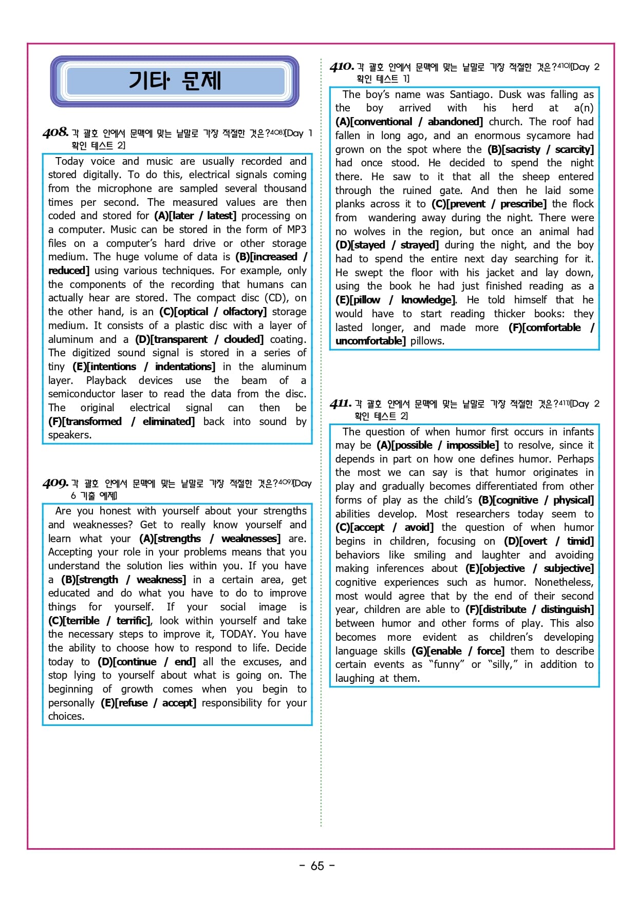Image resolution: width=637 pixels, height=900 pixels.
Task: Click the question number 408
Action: (55, 132)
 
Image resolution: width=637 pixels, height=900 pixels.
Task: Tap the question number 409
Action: (55, 483)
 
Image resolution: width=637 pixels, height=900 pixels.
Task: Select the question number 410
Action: (342, 67)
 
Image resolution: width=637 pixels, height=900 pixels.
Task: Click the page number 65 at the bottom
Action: (317, 866)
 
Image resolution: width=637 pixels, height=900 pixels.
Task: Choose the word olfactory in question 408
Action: (243, 312)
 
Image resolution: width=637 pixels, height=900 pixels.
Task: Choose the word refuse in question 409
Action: (133, 703)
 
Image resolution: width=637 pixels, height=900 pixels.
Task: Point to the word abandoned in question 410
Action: (455, 122)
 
